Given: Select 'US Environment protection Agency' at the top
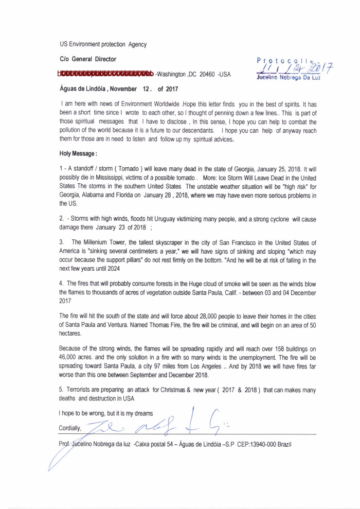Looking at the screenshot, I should click(103, 44).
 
